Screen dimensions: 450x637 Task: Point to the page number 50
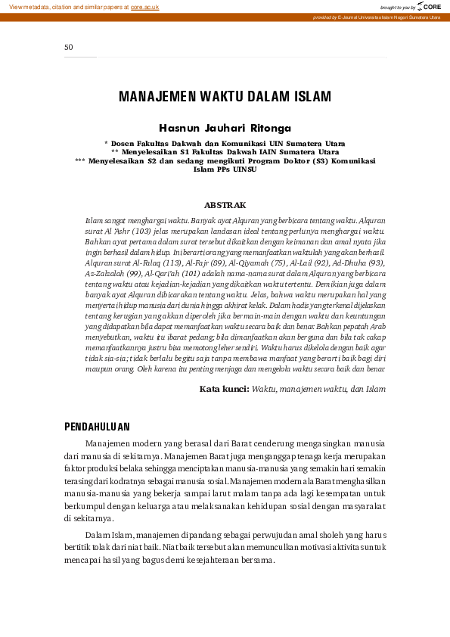coord(68,47)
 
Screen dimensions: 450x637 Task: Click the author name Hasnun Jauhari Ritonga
coord(225,128)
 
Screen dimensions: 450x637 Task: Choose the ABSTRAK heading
coord(225,204)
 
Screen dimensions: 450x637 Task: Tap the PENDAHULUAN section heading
coord(97,427)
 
